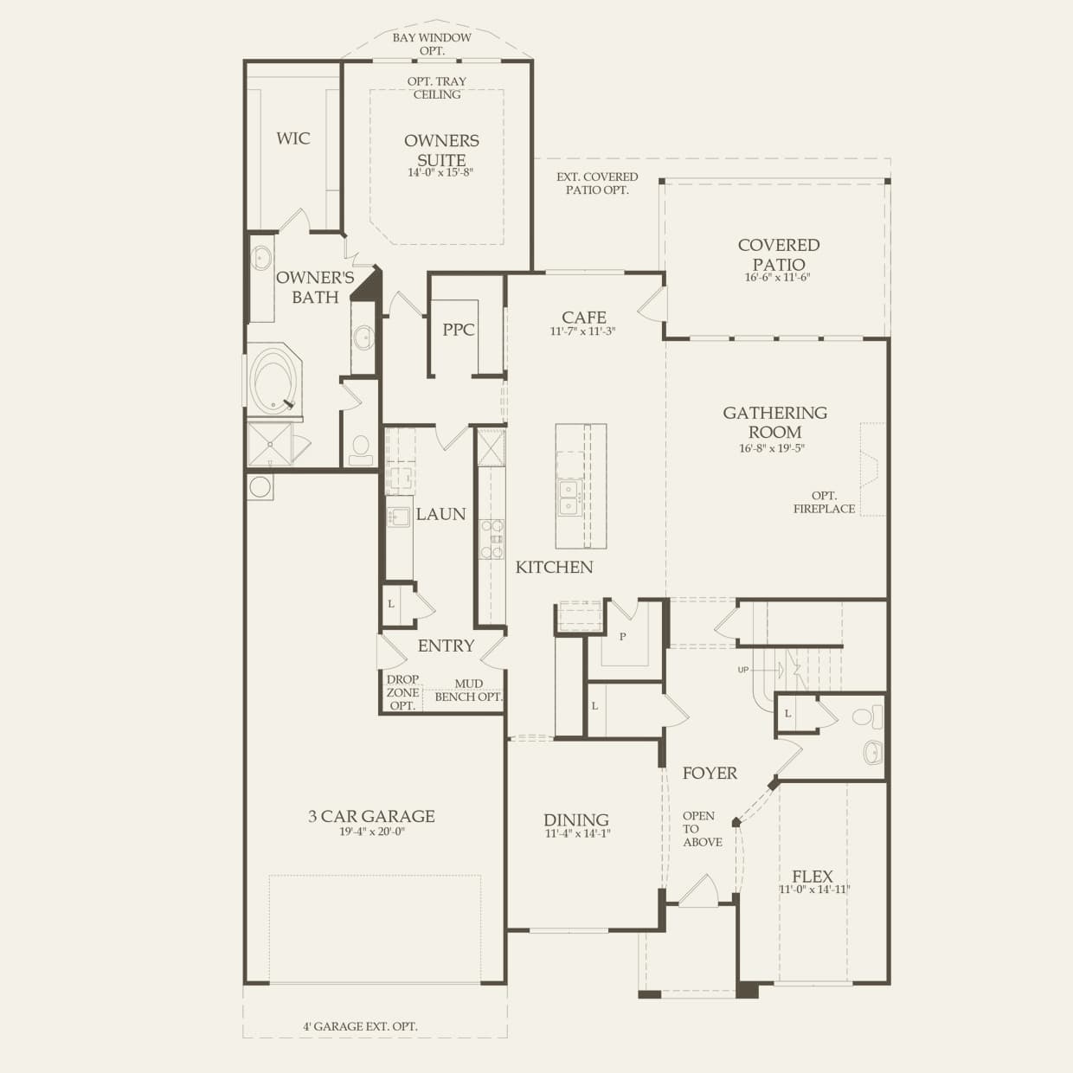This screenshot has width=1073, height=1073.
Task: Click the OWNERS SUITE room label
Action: coord(441,150)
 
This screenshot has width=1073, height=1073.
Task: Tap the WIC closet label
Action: coord(293,138)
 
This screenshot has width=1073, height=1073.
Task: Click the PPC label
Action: coord(459,330)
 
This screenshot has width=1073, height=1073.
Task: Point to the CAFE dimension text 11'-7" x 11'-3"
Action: coord(582,331)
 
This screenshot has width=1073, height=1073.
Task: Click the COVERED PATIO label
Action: coord(778,254)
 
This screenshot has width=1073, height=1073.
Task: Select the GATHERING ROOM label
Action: coord(774,422)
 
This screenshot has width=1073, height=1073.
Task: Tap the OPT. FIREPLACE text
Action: coord(824,503)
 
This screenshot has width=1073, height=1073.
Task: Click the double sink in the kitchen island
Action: coord(569,497)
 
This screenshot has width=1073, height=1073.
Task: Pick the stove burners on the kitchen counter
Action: coord(492,538)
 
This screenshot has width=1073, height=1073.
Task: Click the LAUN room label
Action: coord(440,514)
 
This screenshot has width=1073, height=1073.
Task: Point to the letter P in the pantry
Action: coord(622,637)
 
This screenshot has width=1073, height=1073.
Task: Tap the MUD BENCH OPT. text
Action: coord(468,691)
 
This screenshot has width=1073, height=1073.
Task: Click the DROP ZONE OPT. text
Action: coord(402,692)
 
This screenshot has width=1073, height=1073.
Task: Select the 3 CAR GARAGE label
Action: coord(371,816)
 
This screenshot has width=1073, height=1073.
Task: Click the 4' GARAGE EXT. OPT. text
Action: coord(360,1026)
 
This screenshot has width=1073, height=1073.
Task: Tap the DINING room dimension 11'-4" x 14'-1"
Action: coord(576,834)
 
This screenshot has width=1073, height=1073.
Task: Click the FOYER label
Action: coord(710,774)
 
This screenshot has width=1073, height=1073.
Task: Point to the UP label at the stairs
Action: coord(742,670)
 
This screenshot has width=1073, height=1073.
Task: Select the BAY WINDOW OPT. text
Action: coord(432,44)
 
